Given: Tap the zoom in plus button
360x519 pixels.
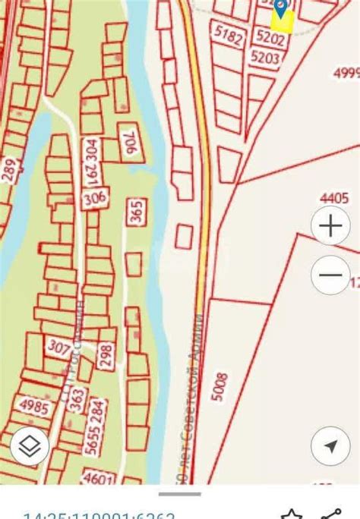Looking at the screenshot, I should pos(330,226).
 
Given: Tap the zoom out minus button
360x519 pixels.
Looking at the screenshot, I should pos(330,275).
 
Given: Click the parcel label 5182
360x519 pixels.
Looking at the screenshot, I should pos(231,35).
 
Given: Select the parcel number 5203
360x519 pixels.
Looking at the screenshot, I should pos(264,57).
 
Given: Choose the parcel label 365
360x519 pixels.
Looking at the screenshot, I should pos(137,209).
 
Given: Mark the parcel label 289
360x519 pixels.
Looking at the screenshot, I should pos(8,170).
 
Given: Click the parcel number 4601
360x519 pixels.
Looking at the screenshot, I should pos(97,479).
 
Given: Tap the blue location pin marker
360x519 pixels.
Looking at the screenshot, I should pos(281,8).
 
